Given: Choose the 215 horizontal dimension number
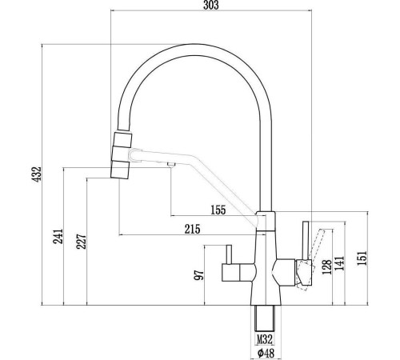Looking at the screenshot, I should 193,230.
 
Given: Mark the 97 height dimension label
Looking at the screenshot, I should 199,274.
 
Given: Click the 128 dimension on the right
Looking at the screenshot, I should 326,266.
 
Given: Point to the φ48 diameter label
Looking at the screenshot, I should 265,353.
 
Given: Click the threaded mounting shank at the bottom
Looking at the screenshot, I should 265,318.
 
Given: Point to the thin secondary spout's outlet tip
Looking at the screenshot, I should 170,165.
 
